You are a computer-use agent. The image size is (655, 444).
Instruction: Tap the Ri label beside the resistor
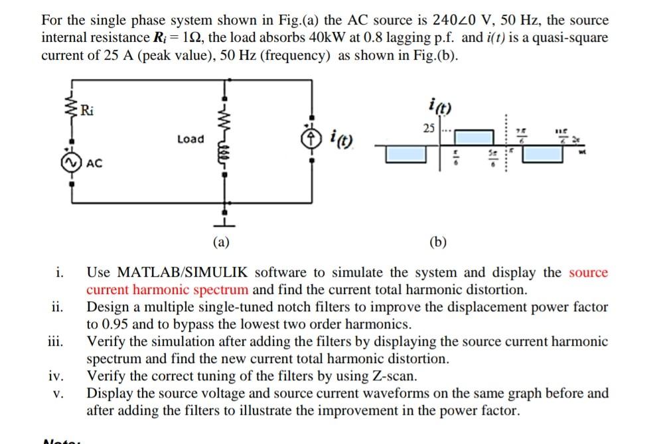coord(87,110)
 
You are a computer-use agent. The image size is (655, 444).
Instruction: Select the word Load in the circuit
coord(190,139)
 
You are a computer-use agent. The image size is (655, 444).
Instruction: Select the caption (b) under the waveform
coord(438,242)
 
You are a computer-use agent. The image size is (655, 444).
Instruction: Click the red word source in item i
coord(588,273)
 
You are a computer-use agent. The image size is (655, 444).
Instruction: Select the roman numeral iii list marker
coord(56,342)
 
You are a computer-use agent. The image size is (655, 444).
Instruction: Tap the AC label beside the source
coord(94,164)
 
